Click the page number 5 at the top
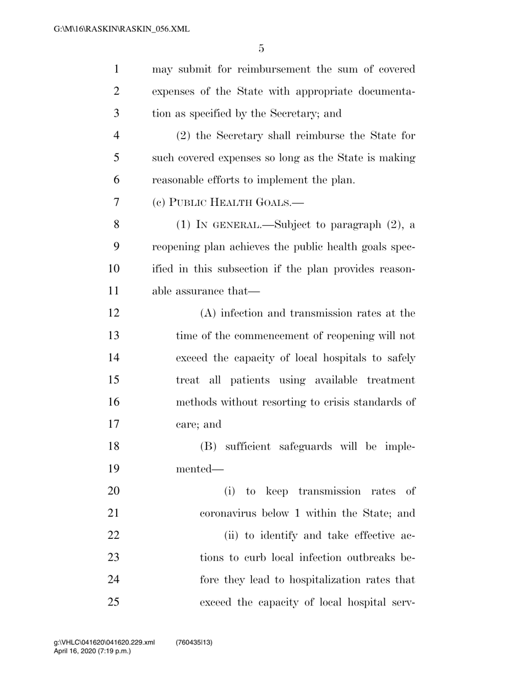tap(261, 48)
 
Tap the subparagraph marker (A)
tap(209, 313)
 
